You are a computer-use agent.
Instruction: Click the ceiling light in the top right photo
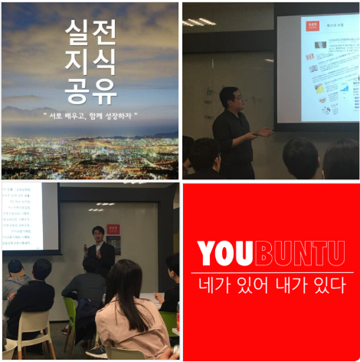click(200, 21)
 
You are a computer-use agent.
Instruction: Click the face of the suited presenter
click(97, 234)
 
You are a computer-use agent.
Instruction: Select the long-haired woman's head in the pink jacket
click(125, 280)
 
